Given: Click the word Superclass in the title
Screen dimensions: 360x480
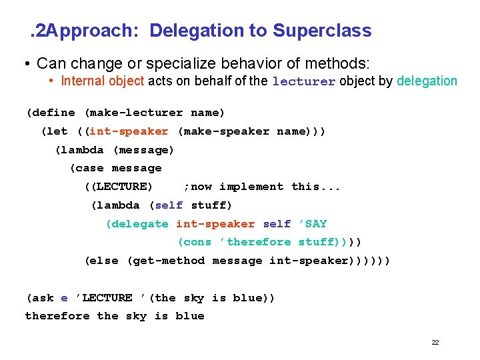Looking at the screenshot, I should coord(322,31).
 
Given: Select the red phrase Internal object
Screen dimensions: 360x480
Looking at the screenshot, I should coord(102,81).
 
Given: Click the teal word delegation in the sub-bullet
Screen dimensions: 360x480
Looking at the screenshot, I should coord(427,81).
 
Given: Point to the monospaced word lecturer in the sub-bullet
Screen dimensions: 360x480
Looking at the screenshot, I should coord(303,82).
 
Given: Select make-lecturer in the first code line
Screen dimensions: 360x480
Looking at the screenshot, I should coord(133,113).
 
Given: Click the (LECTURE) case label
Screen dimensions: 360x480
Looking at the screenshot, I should coord(119,187).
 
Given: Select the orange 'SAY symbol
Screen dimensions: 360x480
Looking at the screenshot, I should coord(313,224).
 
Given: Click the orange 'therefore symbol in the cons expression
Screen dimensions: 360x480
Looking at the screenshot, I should coord(255,242).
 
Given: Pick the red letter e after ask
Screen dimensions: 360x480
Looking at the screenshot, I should coord(64,298).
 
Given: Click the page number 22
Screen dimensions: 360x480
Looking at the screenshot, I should coord(435,343).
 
